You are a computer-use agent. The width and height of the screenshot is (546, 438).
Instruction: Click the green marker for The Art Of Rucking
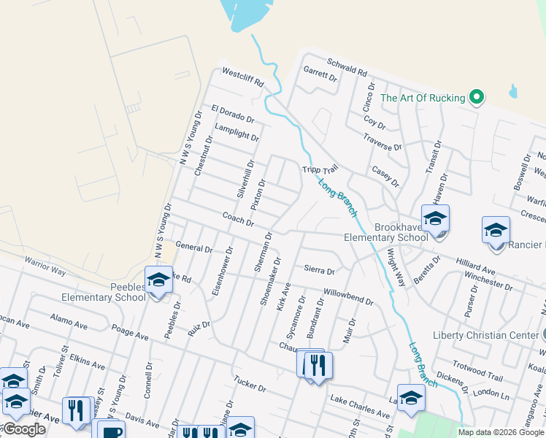[477, 97]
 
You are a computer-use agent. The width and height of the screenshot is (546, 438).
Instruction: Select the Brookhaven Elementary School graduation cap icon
[435, 219]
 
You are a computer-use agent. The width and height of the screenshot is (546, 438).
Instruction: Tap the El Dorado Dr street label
[232, 114]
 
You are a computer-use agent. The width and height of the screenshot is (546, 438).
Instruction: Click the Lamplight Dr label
[237, 132]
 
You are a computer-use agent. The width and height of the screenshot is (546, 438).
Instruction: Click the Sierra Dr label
[319, 271]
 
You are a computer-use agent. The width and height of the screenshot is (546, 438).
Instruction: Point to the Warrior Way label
[45, 266]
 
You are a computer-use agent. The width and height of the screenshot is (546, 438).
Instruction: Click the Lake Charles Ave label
[360, 406]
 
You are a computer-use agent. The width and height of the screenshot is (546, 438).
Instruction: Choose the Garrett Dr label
[320, 74]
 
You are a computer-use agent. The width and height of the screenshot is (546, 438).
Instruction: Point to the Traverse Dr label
[382, 142]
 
